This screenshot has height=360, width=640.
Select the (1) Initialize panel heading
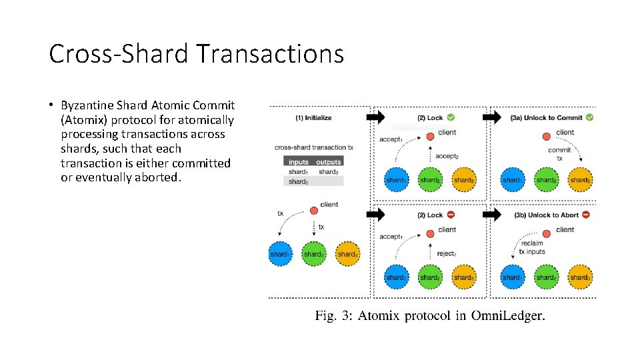(313, 118)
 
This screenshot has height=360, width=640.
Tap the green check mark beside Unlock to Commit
(589, 117)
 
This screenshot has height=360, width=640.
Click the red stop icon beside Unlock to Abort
(585, 215)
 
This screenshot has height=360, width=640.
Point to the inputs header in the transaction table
(299, 161)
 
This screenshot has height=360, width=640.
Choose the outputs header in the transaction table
(328, 161)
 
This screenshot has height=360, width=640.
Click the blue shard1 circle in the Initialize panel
(280, 254)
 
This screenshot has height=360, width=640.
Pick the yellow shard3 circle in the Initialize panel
(347, 254)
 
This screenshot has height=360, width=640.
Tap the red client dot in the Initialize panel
(314, 211)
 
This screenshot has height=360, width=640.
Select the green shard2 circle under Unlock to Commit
(546, 179)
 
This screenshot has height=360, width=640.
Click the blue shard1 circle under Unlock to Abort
(512, 277)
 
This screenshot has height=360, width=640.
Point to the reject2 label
(446, 253)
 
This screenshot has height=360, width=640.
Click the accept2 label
(447, 156)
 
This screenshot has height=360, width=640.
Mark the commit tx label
(559, 154)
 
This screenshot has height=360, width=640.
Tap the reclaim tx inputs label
(533, 247)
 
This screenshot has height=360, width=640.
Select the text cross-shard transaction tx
(313, 147)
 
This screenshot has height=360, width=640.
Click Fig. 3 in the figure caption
(333, 315)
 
